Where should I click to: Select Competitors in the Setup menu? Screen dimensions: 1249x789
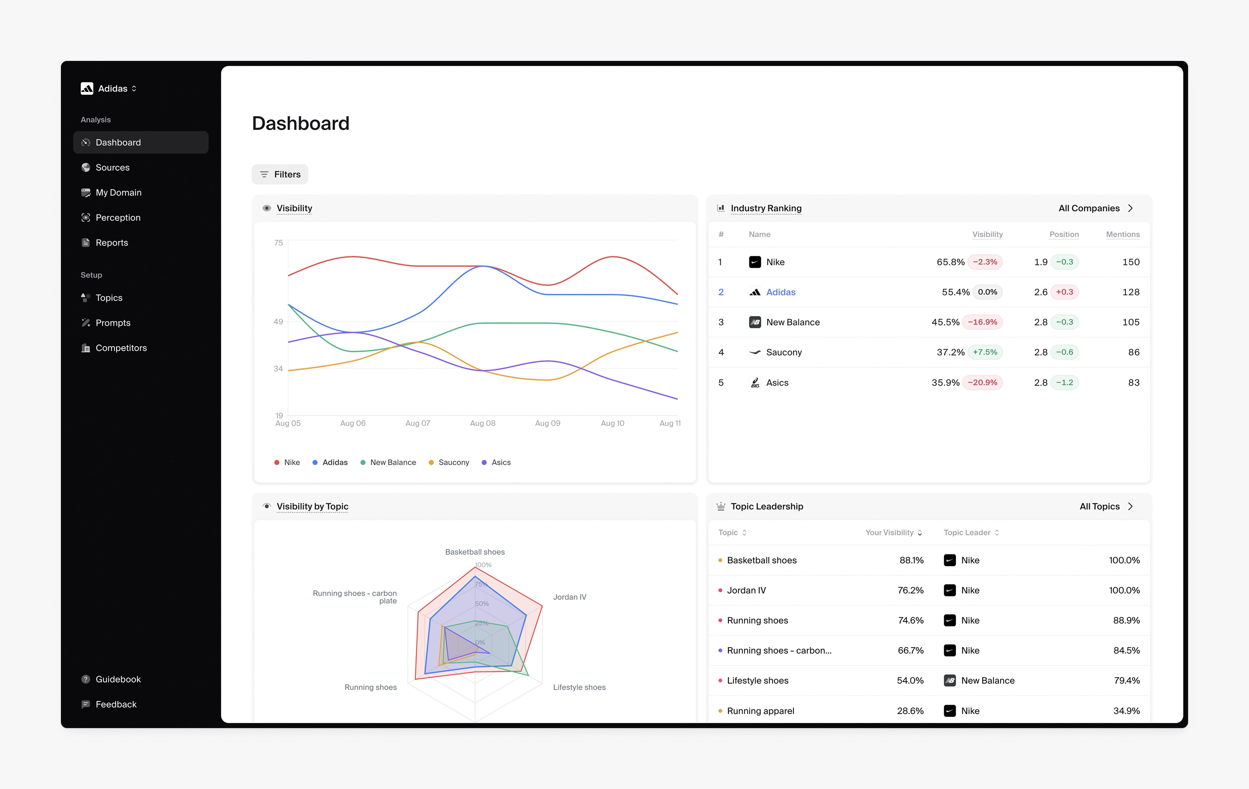click(121, 348)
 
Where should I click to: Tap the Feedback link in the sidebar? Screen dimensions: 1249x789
click(116, 704)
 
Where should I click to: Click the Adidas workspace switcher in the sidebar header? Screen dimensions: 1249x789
click(109, 89)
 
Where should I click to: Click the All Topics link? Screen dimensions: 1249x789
click(1106, 507)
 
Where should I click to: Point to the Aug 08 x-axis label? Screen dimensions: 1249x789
click(482, 423)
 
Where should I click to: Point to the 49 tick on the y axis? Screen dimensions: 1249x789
click(278, 322)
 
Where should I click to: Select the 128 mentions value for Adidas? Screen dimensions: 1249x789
click(1131, 292)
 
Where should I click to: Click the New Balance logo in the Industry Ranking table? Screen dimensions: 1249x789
click(755, 323)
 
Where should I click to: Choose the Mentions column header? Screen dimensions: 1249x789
click(1123, 235)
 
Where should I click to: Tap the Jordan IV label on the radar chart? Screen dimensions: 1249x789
click(570, 597)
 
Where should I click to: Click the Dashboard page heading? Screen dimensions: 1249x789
click(301, 123)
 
